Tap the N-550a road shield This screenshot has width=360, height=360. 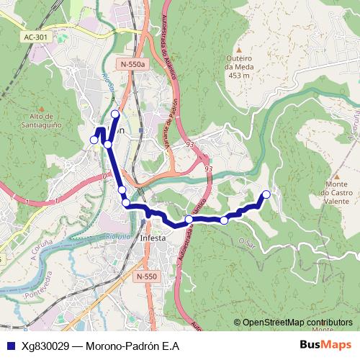133,64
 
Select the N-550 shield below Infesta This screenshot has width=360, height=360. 145,276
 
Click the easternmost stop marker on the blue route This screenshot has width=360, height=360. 266,194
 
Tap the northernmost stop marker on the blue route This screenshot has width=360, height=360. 115,114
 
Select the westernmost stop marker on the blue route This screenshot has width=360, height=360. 94,139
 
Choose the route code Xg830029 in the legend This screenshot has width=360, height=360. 45,346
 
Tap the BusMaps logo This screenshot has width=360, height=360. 326,345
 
